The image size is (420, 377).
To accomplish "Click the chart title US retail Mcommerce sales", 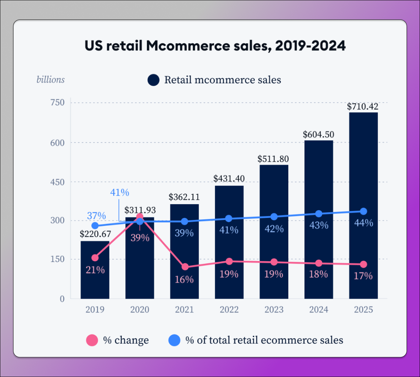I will point(215,46).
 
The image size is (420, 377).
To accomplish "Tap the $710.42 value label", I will point(363,107).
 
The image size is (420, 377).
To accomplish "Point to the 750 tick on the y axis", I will point(58,103).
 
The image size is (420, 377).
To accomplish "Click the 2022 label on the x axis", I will point(229,309).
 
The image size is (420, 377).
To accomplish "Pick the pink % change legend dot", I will point(92,340).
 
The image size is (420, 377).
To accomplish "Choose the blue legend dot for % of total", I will point(174,340).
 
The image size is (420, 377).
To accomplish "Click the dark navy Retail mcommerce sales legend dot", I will point(154,80).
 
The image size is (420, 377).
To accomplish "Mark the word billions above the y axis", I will point(51,80).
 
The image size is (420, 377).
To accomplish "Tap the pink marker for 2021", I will point(185,267).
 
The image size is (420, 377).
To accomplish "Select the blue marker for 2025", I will point(363,212).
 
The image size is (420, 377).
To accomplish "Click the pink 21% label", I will point(95,270).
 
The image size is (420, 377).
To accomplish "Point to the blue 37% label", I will point(96,216).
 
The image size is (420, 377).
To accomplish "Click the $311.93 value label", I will point(140,210).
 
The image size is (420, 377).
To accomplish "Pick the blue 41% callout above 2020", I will point(120,192).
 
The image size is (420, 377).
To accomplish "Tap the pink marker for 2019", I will point(95,258).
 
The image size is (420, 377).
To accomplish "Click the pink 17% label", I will point(363,276).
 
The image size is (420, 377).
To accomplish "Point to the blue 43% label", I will point(319,225).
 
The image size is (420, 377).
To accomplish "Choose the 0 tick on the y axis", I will point(62,299).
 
